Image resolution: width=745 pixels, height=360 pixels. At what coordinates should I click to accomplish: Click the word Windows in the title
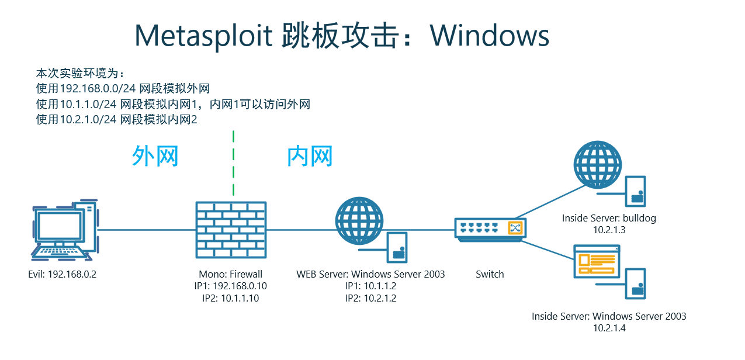[490, 36]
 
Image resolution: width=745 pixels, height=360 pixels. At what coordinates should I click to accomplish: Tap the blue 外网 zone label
[154, 157]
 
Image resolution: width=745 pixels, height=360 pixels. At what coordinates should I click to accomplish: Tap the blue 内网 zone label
[310, 157]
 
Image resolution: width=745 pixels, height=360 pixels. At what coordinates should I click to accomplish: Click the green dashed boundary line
[233, 164]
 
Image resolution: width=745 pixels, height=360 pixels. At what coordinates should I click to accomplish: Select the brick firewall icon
[231, 230]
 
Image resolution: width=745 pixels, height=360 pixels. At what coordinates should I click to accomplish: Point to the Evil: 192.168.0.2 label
[62, 274]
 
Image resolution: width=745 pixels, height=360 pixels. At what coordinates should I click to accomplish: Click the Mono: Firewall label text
[230, 274]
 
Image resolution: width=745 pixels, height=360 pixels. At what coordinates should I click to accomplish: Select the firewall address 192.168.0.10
[240, 286]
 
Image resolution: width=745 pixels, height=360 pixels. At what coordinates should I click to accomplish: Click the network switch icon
[490, 229]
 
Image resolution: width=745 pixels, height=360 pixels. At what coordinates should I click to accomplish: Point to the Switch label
[490, 274]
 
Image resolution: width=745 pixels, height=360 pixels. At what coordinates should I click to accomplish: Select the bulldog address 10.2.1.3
[609, 230]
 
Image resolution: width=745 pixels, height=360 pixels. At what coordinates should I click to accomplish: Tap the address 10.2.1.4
[609, 328]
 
